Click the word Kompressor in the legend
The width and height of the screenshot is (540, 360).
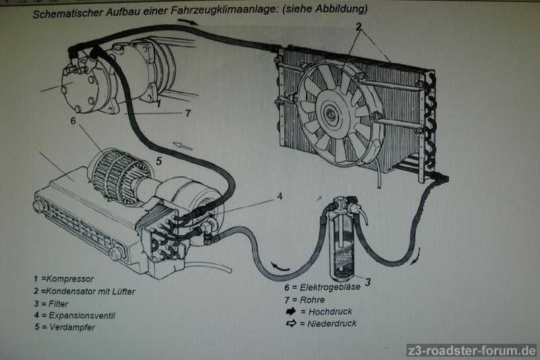tap(71, 278)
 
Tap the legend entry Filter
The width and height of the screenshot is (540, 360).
tap(59, 303)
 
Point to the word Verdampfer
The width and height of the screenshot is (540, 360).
tap(72, 328)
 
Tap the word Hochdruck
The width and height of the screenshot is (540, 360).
tap(330, 311)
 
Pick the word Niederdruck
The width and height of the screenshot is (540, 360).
tap(332, 324)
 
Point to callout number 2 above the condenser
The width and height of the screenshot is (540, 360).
tap(359, 28)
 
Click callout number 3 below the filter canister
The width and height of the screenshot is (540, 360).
tap(368, 282)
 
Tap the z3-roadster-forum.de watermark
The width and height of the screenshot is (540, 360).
tap(471, 351)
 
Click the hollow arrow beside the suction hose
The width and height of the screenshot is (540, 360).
tap(183, 145)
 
